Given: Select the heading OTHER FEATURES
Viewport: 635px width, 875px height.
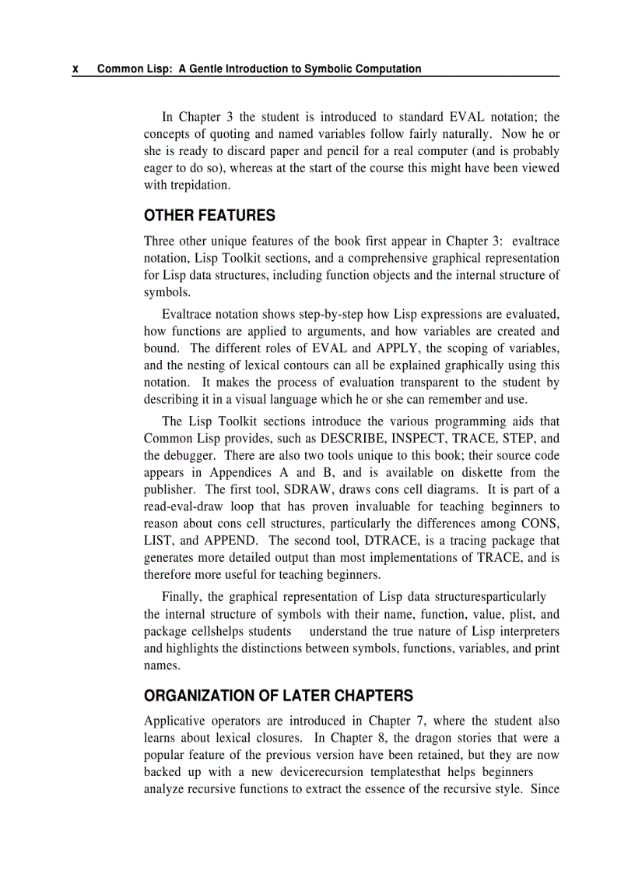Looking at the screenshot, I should [209, 215].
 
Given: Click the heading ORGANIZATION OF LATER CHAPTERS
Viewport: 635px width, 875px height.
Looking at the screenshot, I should [279, 696].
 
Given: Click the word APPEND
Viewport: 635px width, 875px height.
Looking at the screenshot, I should [229, 541].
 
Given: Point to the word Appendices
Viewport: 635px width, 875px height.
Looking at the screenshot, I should [240, 472].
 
